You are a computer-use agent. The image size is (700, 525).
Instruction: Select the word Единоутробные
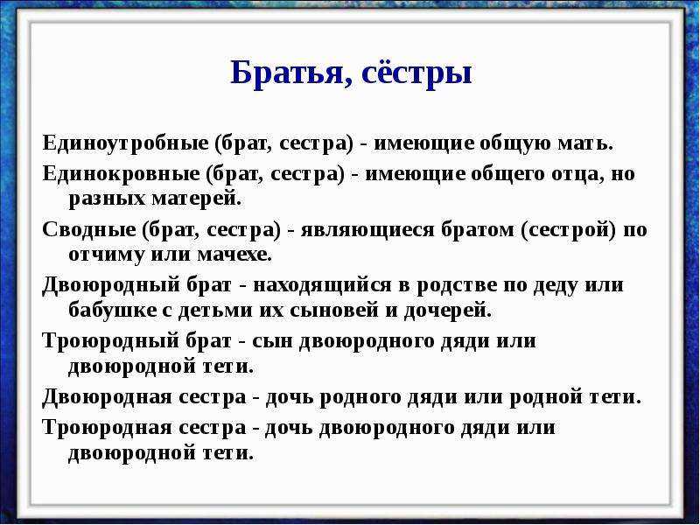tap(126, 143)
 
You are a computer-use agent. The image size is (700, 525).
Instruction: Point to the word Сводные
tap(89, 229)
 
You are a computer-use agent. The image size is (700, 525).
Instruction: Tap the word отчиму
tap(107, 255)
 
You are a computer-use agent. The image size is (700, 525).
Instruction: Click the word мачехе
tap(234, 255)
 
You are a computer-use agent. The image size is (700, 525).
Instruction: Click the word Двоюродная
tap(107, 397)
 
